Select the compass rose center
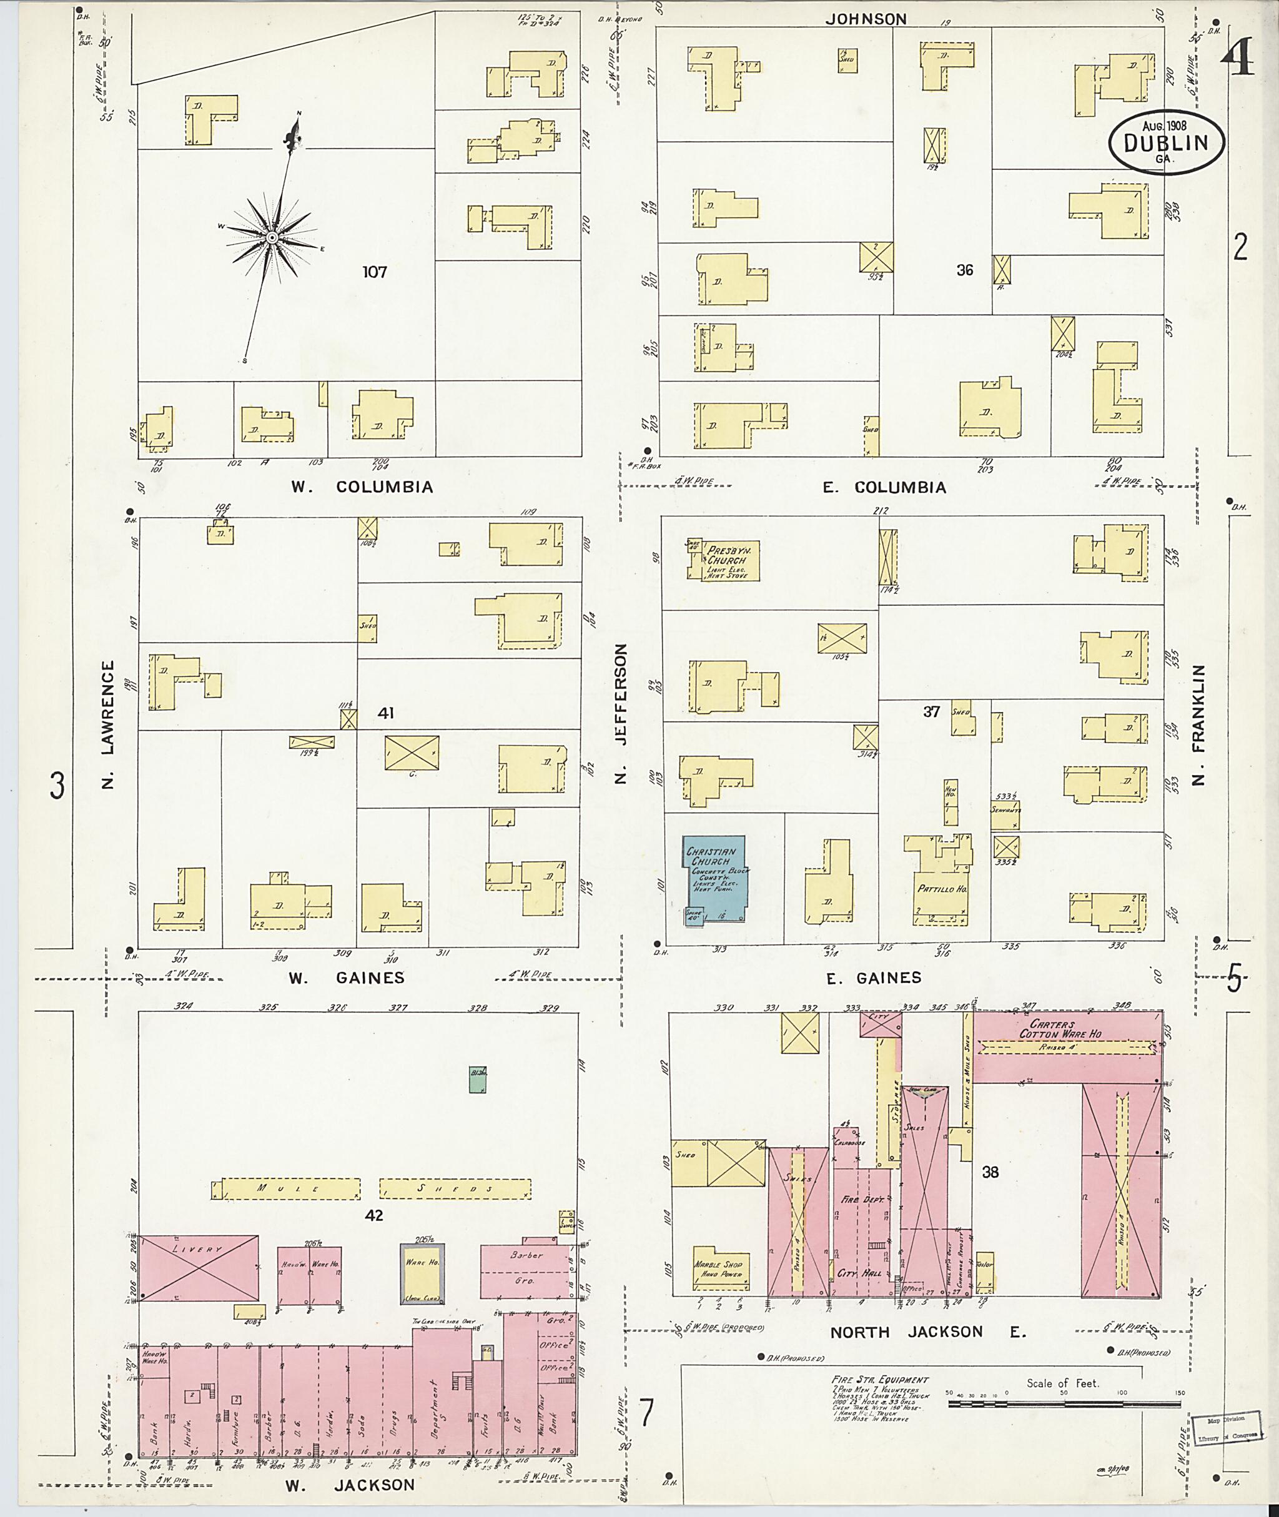[271, 237]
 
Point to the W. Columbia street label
[362, 487]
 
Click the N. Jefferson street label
[621, 714]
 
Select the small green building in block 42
[477, 1080]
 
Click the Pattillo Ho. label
[942, 888]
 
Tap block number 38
[990, 1172]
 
